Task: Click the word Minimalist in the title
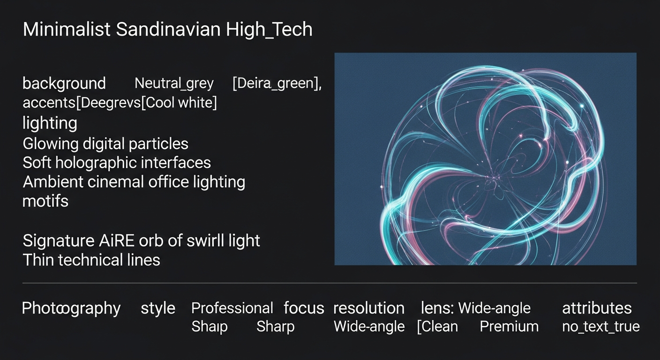click(x=67, y=29)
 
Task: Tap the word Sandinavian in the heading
click(x=168, y=29)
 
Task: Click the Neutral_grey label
click(x=174, y=83)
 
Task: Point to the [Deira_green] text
click(x=277, y=83)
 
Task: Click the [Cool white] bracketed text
click(x=179, y=103)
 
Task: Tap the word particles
click(x=158, y=144)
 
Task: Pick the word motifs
click(x=45, y=201)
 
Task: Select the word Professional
click(x=232, y=308)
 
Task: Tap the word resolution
click(x=369, y=308)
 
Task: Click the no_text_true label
click(x=601, y=327)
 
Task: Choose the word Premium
click(x=509, y=327)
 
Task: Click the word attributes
click(x=597, y=308)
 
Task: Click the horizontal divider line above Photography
click(x=330, y=283)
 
